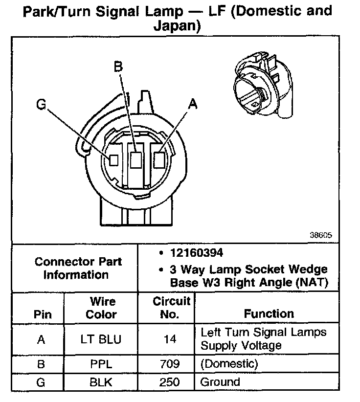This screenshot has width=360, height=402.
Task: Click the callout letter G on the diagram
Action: click(x=42, y=105)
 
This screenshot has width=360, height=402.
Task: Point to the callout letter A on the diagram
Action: click(x=193, y=104)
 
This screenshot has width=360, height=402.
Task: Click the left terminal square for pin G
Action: click(x=113, y=160)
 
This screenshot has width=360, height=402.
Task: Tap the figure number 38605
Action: click(x=320, y=235)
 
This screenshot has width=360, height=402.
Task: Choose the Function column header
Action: click(x=269, y=313)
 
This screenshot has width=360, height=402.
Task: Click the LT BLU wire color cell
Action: click(x=101, y=339)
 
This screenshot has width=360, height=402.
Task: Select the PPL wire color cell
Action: click(x=101, y=364)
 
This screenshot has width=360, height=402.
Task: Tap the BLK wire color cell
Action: click(x=101, y=382)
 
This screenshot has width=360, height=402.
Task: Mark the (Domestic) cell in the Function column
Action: click(x=229, y=364)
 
